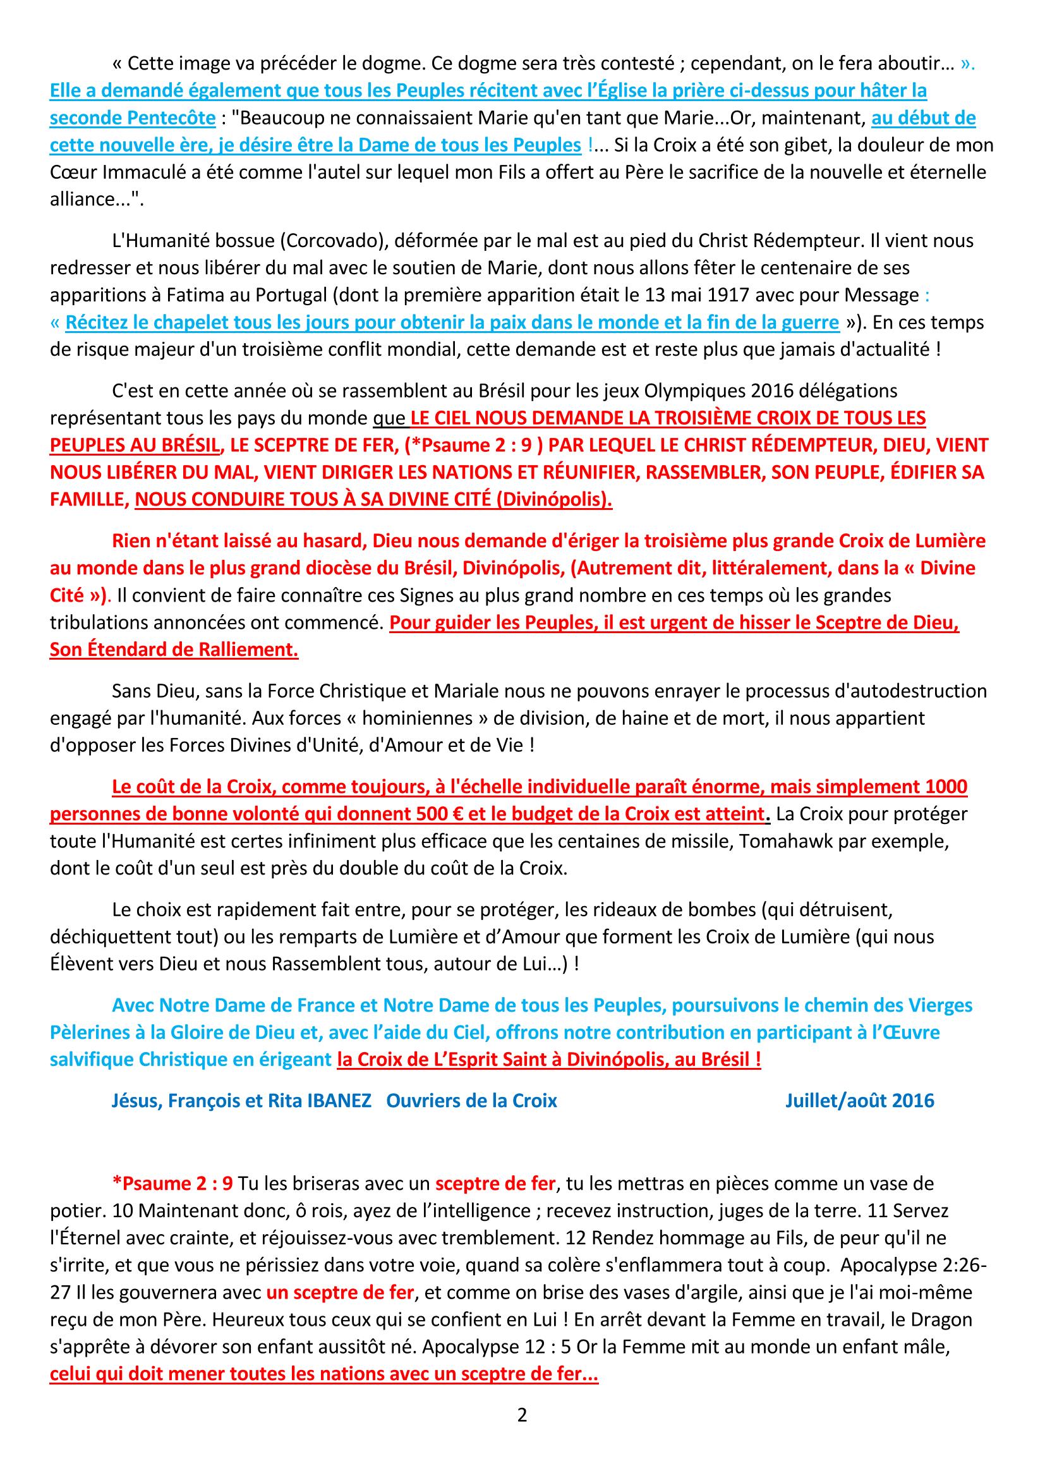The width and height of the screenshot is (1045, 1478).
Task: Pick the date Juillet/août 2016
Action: pos(859,1100)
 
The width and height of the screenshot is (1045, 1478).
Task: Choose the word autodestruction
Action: pos(903,691)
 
